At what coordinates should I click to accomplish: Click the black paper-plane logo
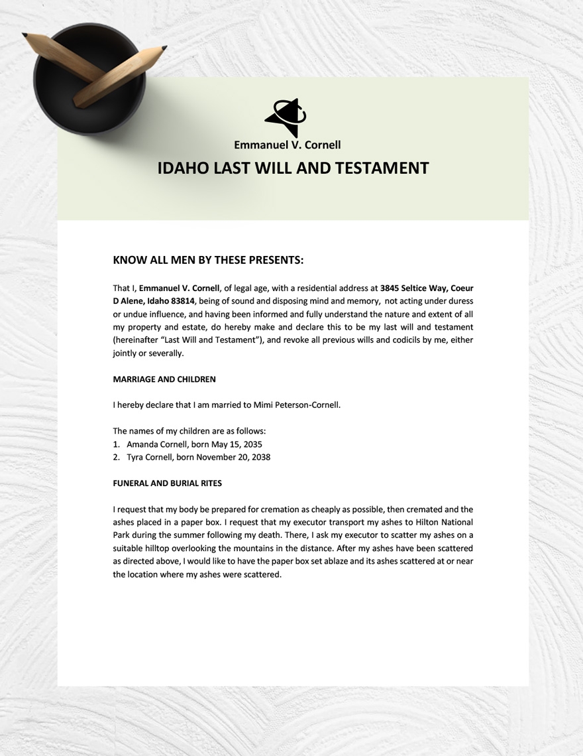click(286, 117)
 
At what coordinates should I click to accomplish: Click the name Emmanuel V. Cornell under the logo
click(287, 144)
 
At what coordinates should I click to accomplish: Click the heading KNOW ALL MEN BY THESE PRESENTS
click(208, 260)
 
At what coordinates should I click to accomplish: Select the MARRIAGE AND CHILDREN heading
click(164, 379)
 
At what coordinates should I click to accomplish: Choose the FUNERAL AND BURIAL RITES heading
click(167, 483)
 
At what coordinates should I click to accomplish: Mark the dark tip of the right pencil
click(164, 48)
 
